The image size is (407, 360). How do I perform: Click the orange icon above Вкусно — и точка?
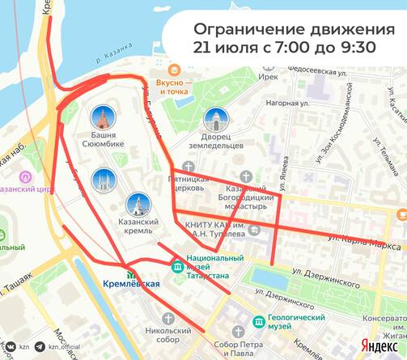(x=176, y=70)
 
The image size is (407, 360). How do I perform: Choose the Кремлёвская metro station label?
(x=131, y=284)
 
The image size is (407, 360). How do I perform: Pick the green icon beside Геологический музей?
(x=259, y=322)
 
